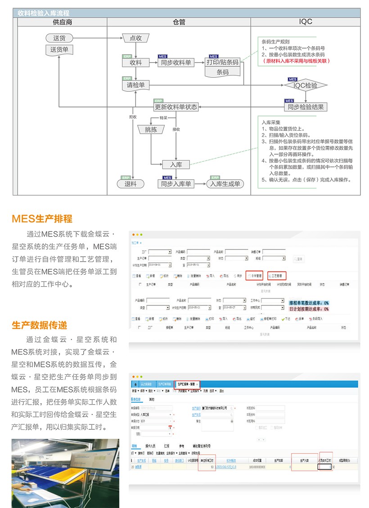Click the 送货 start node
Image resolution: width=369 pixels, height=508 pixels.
(59, 38)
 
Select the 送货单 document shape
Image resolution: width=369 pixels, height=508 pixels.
(59, 50)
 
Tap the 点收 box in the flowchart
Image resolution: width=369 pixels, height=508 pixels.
(135, 38)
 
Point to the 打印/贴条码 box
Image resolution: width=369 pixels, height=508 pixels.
(222, 62)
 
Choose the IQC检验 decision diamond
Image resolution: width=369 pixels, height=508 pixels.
(306, 85)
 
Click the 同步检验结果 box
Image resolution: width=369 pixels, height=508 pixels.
(306, 107)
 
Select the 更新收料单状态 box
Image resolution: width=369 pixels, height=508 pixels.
(176, 107)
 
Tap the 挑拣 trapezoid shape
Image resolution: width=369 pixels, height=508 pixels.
(151, 129)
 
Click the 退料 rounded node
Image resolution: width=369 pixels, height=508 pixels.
(130, 183)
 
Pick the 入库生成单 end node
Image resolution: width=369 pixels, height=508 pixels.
(225, 183)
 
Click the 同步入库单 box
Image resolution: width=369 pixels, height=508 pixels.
(176, 183)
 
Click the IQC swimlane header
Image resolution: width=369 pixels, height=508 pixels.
(306, 22)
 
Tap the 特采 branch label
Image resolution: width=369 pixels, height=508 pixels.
(163, 118)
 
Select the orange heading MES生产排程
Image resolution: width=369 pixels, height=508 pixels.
(42, 219)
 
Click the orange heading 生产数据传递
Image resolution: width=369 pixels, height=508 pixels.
(40, 325)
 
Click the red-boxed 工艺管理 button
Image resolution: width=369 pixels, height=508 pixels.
(277, 276)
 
